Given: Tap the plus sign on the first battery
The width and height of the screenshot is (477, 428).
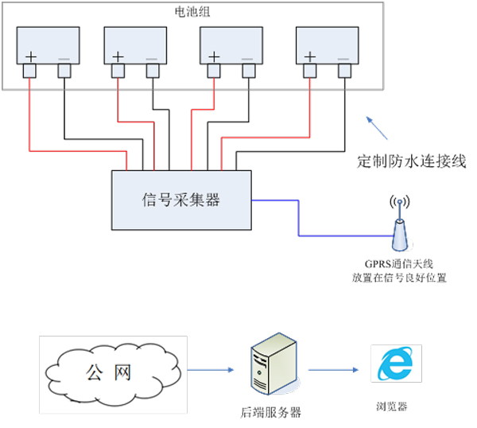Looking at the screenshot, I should (x=31, y=56).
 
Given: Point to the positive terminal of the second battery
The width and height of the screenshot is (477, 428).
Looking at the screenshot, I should (x=118, y=72).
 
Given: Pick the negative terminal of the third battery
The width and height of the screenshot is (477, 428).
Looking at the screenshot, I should (x=249, y=72).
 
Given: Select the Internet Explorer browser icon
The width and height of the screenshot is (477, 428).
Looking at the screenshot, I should (x=395, y=366).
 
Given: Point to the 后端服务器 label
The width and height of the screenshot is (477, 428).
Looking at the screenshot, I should (x=271, y=412).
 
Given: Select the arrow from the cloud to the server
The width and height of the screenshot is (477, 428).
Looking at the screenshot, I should (x=210, y=369).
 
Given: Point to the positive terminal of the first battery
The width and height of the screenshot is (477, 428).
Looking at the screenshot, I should (x=29, y=72).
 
